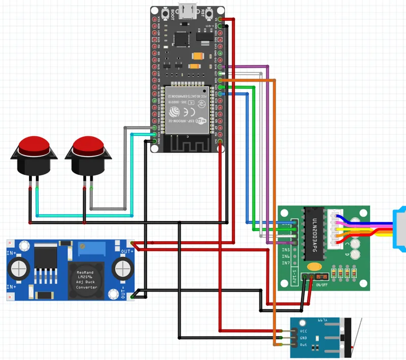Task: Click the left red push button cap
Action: click(x=34, y=146)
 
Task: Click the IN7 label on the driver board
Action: click(x=286, y=263)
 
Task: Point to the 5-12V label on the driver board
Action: click(x=294, y=278)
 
